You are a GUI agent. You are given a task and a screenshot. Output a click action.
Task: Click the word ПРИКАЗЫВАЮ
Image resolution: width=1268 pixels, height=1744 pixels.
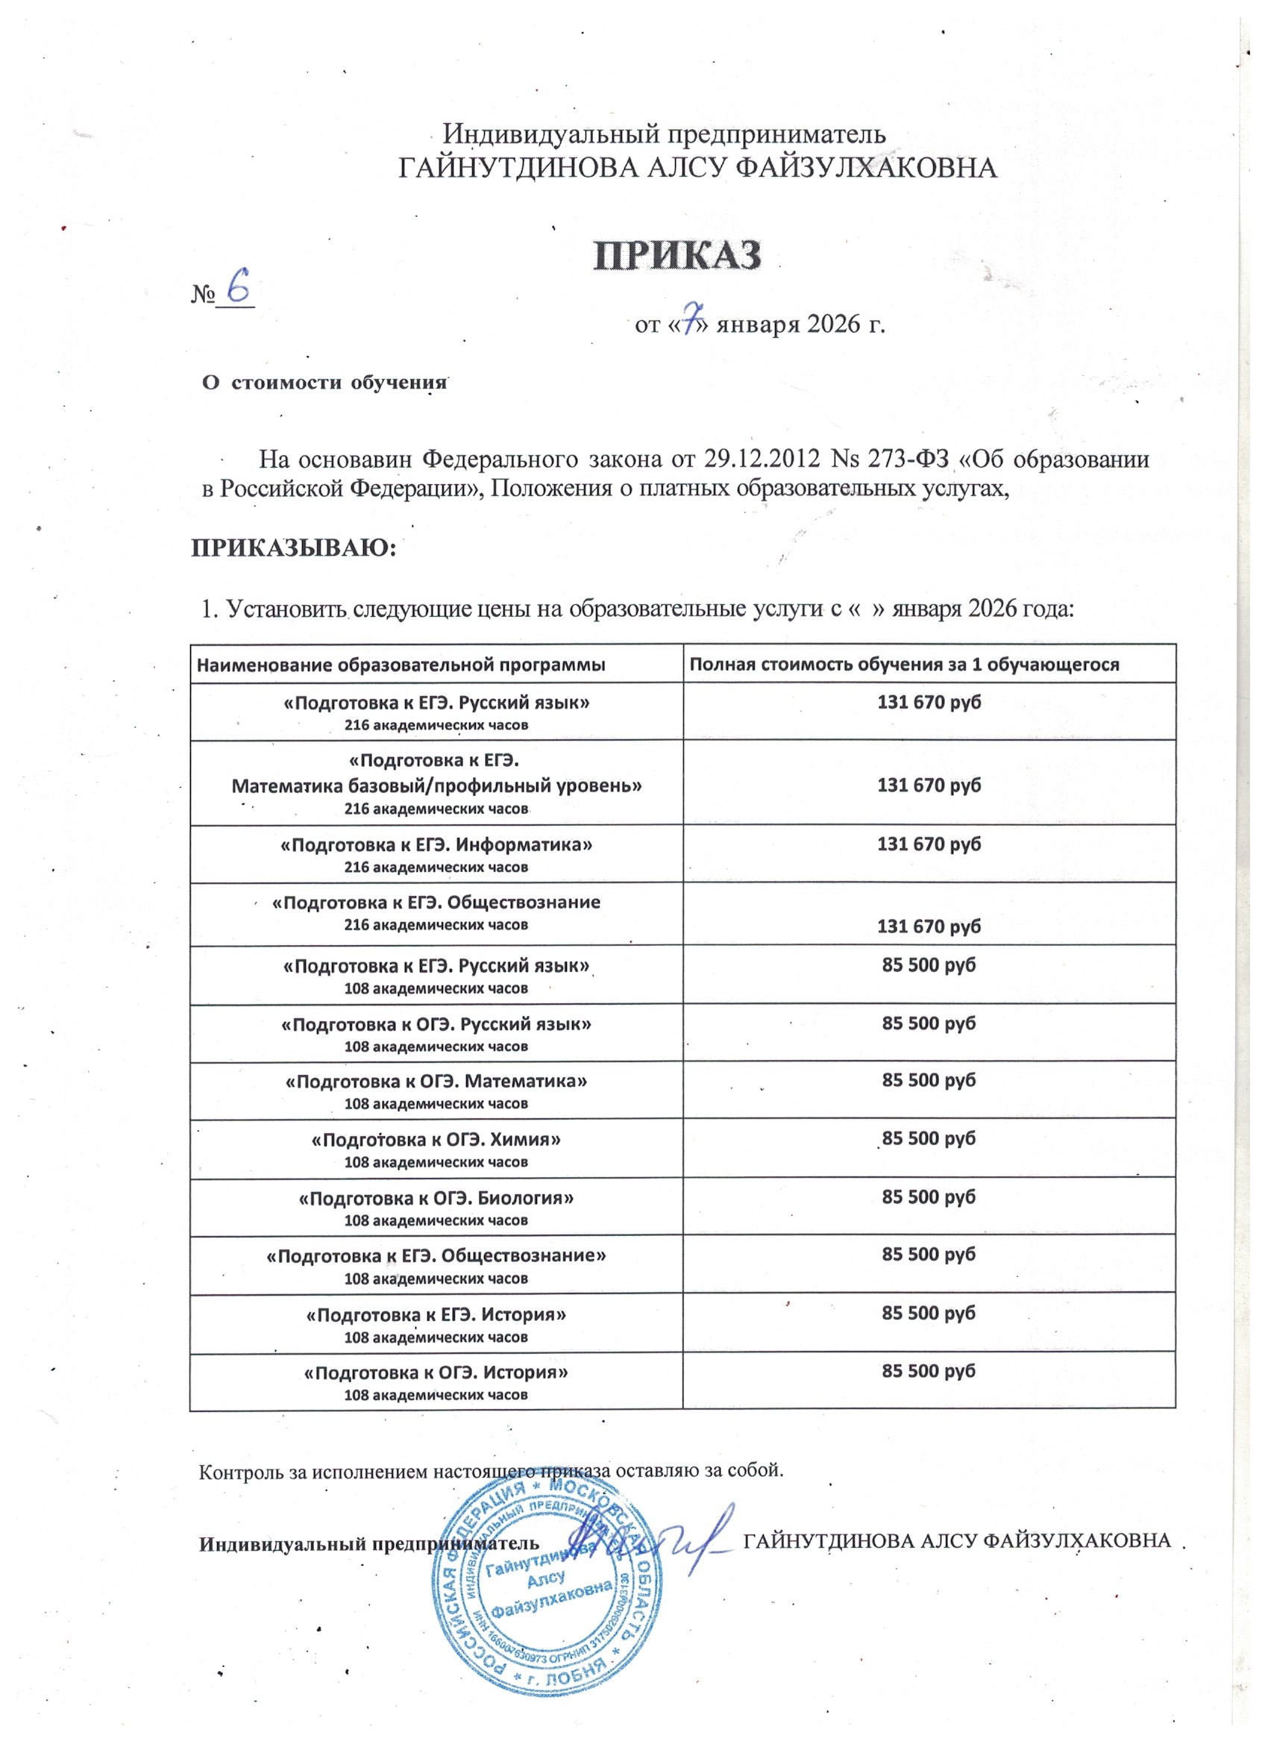(292, 548)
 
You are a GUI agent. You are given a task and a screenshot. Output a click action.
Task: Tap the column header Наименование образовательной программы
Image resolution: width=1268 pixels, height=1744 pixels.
(401, 665)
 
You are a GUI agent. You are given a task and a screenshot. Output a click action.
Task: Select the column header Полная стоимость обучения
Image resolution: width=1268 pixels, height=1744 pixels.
(903, 664)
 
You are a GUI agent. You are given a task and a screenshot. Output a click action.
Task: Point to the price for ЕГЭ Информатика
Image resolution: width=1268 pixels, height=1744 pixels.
(929, 844)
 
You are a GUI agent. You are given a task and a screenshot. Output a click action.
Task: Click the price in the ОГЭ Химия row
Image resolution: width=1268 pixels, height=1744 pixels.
(929, 1138)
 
